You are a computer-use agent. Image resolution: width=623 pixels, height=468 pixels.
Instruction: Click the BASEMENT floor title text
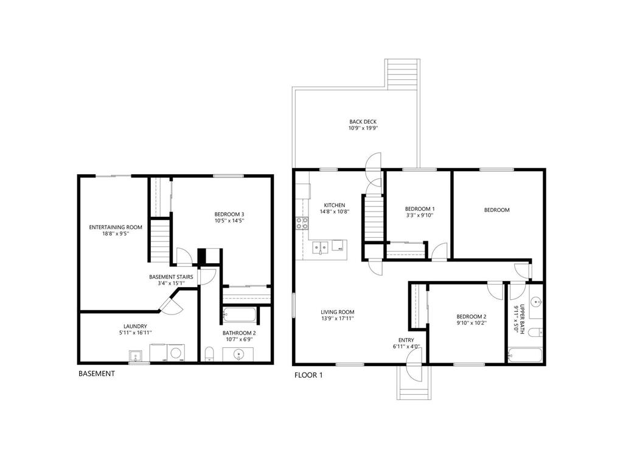96,374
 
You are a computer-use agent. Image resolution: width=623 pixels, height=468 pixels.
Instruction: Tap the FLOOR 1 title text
308,375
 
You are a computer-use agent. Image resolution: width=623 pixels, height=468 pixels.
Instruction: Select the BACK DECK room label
363,122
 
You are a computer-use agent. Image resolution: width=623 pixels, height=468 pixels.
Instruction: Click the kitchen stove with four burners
302,223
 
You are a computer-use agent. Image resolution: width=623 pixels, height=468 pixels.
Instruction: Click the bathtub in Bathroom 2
239,315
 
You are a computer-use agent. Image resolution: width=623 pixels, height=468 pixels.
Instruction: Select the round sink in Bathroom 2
238,354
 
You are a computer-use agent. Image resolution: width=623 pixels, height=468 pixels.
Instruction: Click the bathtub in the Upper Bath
524,355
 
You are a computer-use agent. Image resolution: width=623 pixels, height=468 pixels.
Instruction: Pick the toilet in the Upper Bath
534,332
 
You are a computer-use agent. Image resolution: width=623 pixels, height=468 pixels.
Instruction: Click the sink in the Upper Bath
535,302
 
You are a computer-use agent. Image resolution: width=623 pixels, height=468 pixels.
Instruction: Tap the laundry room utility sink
135,355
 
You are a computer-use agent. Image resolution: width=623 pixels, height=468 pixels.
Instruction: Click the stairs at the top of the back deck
402,74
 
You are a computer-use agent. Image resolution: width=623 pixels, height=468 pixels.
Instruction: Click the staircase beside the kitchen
373,218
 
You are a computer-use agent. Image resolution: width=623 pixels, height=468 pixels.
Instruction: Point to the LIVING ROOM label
338,312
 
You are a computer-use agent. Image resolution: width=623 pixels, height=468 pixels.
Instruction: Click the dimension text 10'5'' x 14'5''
229,221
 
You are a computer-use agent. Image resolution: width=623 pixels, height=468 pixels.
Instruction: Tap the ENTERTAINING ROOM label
116,227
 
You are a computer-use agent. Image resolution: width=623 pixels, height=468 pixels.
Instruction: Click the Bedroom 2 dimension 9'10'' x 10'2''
472,324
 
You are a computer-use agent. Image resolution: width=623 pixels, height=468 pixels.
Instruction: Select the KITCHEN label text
335,205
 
